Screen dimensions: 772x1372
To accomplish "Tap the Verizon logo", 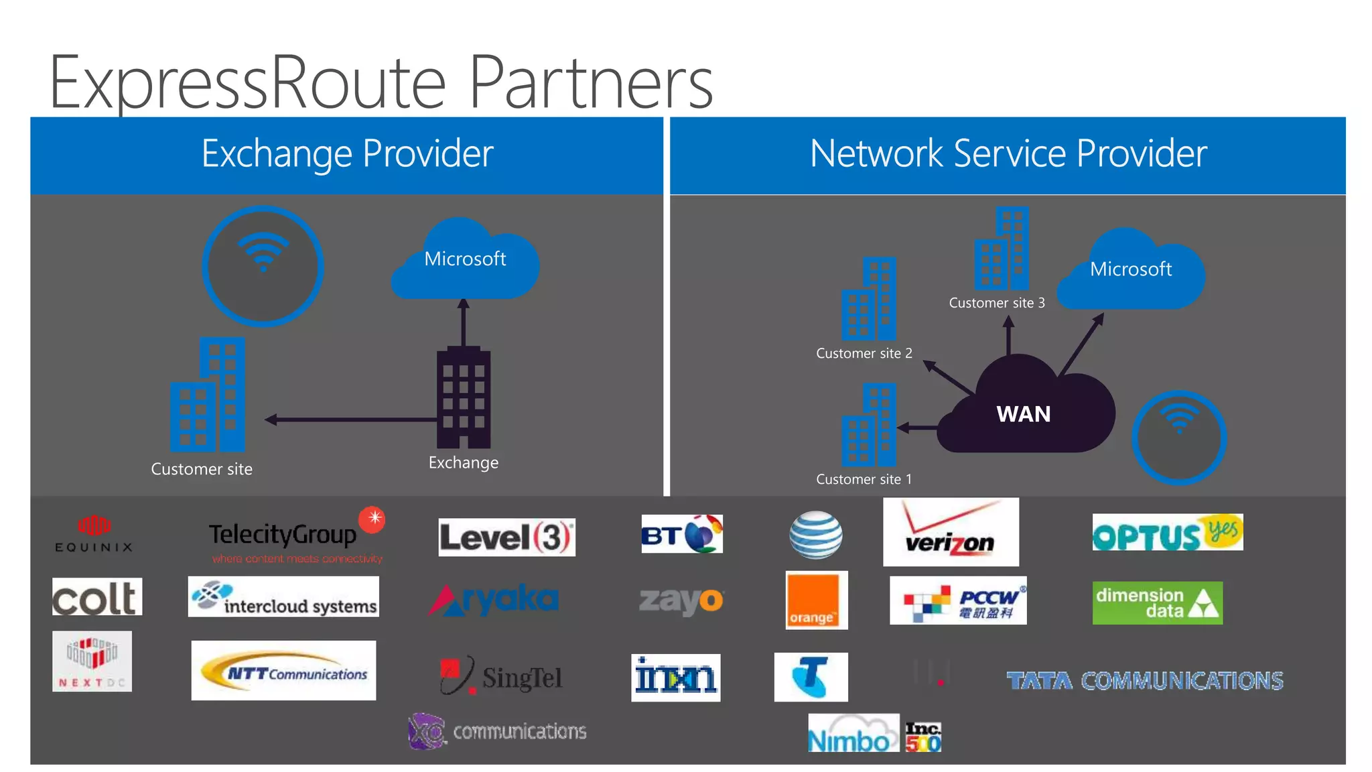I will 951,532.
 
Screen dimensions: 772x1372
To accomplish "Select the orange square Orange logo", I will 816,600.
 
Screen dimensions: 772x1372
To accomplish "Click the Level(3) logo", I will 506,537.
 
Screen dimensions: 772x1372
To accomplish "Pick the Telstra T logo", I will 811,677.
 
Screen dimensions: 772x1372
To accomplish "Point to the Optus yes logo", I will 1167,533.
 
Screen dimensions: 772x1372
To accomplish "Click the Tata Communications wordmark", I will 1144,681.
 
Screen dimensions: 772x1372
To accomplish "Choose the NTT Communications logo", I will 283,670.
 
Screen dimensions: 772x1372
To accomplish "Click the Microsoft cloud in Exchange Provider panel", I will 465,261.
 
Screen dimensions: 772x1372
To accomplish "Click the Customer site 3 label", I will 996,303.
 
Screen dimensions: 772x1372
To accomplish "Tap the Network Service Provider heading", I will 1008,154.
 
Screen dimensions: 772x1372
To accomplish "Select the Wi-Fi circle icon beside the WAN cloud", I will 1178,437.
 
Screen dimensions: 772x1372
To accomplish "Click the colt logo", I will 97,597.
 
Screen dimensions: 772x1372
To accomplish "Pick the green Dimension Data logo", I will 1157,602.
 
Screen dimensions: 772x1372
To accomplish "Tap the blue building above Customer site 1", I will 869,425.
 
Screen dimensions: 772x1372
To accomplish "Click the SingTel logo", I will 501,675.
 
